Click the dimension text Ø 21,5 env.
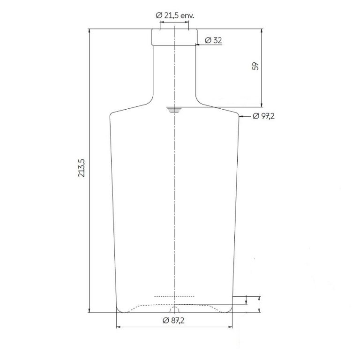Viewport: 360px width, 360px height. [174, 15]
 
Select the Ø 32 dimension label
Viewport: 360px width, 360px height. [213, 41]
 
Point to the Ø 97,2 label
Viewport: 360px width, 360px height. [263, 116]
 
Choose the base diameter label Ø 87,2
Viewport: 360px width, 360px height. [174, 320]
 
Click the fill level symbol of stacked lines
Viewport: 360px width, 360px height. [174, 110]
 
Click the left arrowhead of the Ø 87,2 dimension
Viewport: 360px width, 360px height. [118, 327]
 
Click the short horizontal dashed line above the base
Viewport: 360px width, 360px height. [174, 297]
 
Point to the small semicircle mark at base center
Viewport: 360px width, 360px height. [174, 310]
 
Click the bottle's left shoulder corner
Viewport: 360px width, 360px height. [111, 113]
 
